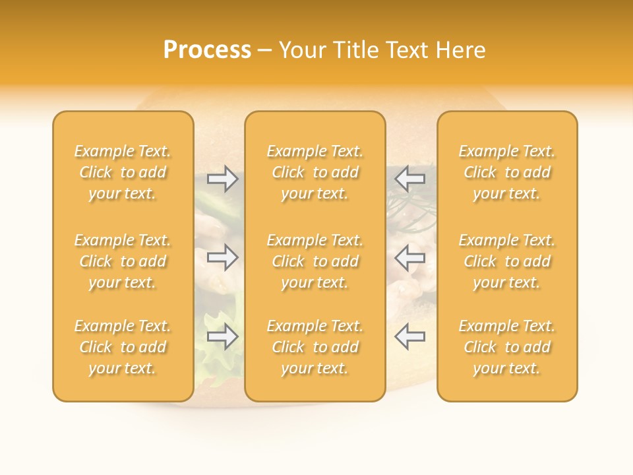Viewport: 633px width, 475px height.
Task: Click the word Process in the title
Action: (207, 50)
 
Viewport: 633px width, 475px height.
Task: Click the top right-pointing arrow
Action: (222, 178)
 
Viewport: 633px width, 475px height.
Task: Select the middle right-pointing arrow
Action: (222, 257)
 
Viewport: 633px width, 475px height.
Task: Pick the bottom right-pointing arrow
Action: (222, 336)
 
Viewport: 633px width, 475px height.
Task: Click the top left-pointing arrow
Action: (410, 178)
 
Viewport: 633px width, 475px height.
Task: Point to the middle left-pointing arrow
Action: (410, 257)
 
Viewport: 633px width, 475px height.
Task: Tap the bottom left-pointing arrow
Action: (410, 336)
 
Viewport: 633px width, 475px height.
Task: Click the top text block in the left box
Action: (123, 172)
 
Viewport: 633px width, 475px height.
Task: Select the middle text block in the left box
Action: (123, 261)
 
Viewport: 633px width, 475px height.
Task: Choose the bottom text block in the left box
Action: (123, 347)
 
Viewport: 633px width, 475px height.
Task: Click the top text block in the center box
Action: (315, 172)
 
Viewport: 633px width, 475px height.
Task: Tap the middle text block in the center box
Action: (315, 261)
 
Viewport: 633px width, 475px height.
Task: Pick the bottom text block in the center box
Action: (315, 347)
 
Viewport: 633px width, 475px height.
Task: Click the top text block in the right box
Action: (507, 172)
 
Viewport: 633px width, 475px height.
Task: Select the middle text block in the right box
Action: (507, 261)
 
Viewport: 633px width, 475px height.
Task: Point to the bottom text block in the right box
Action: (507, 347)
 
